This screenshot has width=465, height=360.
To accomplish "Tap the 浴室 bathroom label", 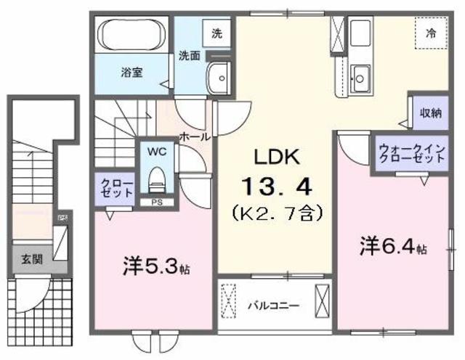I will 131,72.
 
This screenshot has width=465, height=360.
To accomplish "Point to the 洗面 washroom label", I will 190,55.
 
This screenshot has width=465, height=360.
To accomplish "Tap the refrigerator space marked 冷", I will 430,32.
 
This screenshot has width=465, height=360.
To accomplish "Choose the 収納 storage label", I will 429,112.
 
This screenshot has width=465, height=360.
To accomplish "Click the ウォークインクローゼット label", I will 410,153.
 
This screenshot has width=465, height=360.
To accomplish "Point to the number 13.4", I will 275,187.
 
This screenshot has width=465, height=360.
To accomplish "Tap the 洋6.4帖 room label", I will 392,247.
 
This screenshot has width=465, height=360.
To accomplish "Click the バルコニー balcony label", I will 272,305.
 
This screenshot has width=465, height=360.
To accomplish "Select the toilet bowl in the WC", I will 156,178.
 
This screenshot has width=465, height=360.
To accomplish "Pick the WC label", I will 157,152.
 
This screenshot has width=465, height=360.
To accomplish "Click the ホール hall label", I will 195,135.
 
